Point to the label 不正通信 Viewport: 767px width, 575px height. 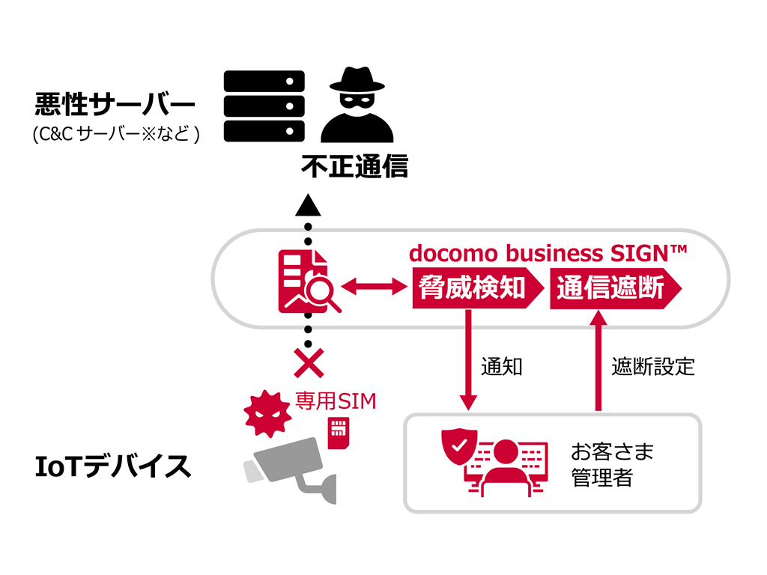tap(354, 166)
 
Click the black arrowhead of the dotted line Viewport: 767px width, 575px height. tap(308, 204)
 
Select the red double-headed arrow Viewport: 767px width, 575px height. tap(373, 286)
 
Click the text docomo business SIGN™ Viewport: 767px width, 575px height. tap(548, 253)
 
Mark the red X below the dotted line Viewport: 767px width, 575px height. tap(309, 363)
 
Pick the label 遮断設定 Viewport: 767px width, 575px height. tap(653, 367)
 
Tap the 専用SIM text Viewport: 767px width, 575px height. tap(335, 401)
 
